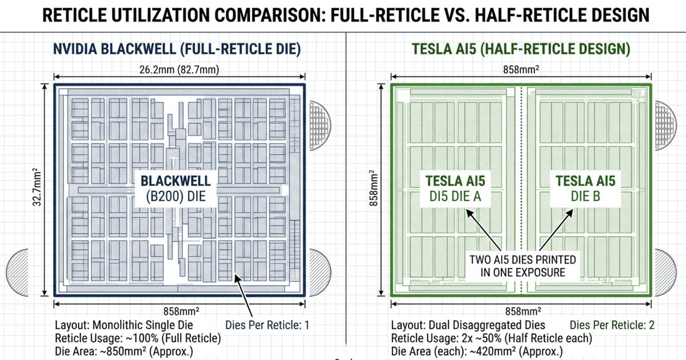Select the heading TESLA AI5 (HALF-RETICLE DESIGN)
click(520, 50)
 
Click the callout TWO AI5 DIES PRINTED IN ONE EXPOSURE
click(523, 266)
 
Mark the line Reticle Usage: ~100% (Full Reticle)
click(138, 338)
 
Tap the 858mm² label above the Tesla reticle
click(521, 70)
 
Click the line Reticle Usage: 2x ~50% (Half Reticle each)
click(492, 338)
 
